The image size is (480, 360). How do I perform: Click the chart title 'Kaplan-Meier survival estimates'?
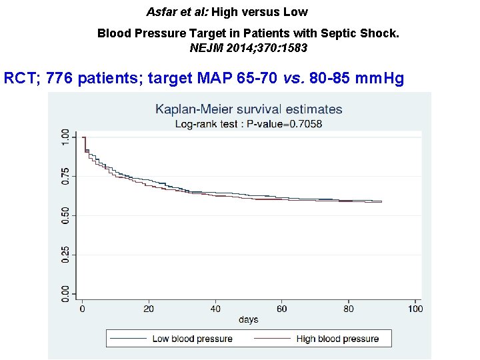coord(249,109)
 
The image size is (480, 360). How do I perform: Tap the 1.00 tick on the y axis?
coord(65,138)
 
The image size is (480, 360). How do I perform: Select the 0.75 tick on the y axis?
coord(65,176)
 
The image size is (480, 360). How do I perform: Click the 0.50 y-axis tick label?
coord(65,215)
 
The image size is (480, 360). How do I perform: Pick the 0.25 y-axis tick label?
coord(65,254)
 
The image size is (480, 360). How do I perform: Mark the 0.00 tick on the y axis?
coord(65,293)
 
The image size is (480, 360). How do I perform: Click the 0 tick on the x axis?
coord(82,309)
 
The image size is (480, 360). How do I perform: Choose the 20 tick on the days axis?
coord(149,309)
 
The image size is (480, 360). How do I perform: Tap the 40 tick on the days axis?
coord(215,309)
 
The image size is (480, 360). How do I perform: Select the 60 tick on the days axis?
coord(282,309)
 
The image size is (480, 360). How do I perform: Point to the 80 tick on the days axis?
coord(349,309)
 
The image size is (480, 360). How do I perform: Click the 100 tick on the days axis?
coord(415,309)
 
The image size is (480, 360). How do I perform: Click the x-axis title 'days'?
coord(248,320)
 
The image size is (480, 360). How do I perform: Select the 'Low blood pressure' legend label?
coord(192,339)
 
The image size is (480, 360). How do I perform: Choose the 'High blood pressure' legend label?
coord(337,339)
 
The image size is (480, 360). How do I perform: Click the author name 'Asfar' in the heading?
coord(160,12)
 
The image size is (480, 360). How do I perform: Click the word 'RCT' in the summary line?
coord(18,79)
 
